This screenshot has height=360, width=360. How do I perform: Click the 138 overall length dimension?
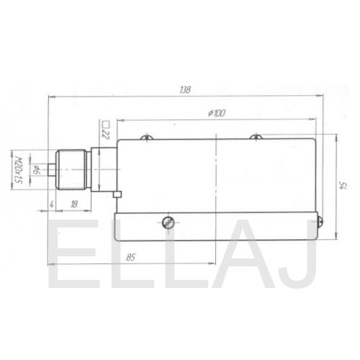click(x=185, y=90)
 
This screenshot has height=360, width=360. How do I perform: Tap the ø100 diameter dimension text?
click(x=217, y=113)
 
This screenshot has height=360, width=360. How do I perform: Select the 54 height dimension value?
click(x=343, y=186)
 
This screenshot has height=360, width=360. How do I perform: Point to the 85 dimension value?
click(x=130, y=257)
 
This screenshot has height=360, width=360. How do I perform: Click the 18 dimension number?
click(x=74, y=204)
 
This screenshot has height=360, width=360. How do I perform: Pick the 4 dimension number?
click(x=51, y=204)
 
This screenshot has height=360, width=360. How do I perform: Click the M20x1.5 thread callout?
click(x=18, y=170)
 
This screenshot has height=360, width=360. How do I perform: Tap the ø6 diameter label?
click(x=36, y=169)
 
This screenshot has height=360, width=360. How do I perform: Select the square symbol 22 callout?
click(x=106, y=130)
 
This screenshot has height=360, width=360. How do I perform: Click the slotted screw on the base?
click(x=168, y=222)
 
